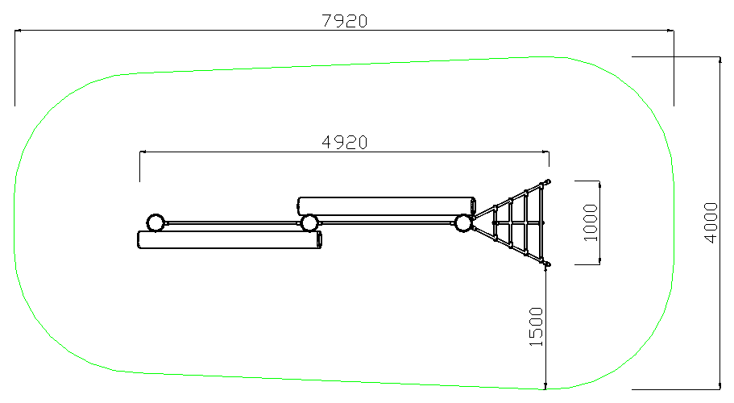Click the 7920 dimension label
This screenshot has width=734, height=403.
pyautogui.click(x=345, y=21)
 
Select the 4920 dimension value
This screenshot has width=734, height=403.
pyautogui.click(x=345, y=143)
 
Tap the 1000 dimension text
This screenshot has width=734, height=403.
pyautogui.click(x=591, y=222)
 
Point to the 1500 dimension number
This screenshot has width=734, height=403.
pyautogui.click(x=536, y=326)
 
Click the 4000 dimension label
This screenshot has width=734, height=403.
pyautogui.click(x=711, y=222)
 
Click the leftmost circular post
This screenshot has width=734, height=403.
pyautogui.click(x=156, y=222)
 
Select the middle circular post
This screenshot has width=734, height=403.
pyautogui.click(x=309, y=222)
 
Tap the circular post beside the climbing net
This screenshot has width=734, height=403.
pyautogui.click(x=463, y=222)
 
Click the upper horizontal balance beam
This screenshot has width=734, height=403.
pyautogui.click(x=387, y=206)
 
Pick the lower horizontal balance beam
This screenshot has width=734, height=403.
pyautogui.click(x=230, y=239)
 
